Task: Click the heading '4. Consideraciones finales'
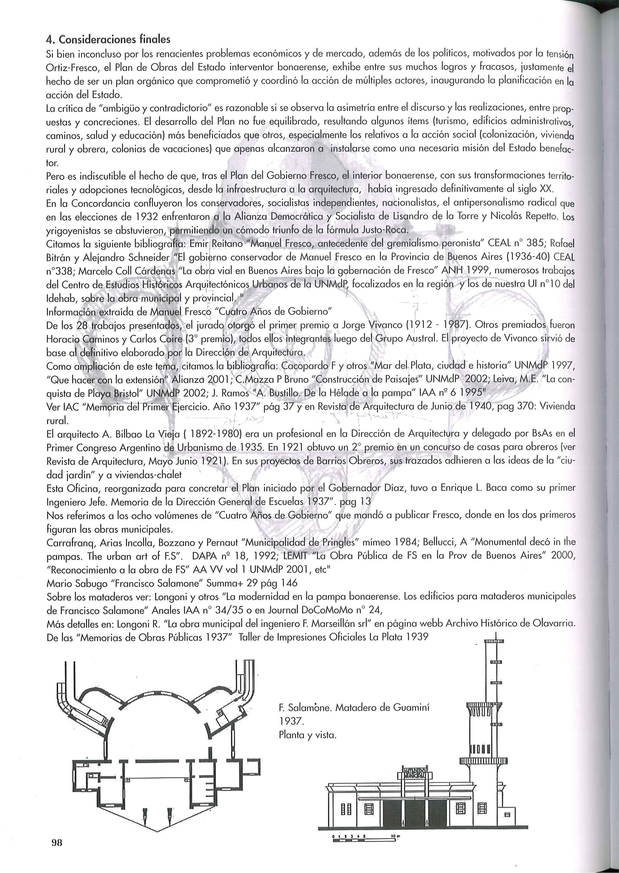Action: point(108,39)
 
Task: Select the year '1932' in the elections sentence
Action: point(143,217)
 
